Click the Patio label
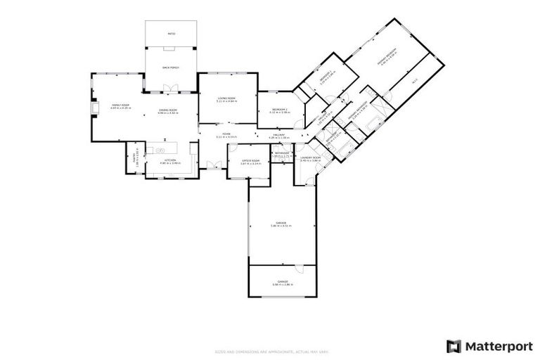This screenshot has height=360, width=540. tap(171, 34)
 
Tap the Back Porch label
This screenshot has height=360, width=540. tap(171, 67)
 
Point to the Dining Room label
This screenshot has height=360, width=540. tap(167, 110)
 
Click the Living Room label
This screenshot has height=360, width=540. tap(226, 99)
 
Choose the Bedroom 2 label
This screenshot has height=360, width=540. tap(280, 110)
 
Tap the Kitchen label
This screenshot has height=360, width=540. tap(171, 161)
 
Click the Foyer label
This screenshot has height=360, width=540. tap(226, 134)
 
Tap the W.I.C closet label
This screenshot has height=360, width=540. tap(414, 79)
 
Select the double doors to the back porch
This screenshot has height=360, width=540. tap(169, 88)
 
